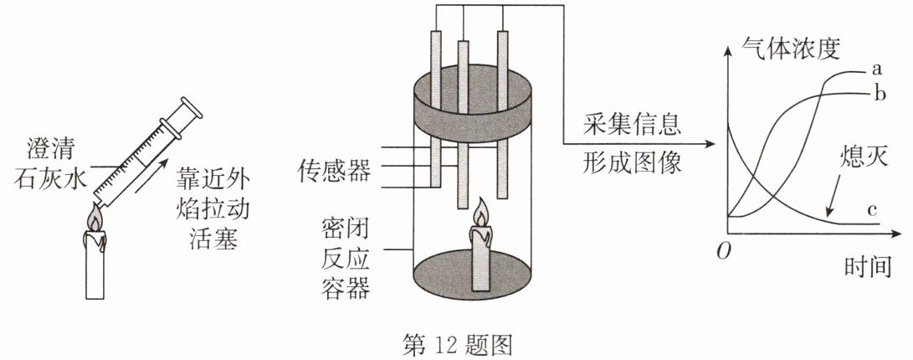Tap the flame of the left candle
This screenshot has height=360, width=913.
(94, 219)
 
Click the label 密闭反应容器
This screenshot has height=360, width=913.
(346, 260)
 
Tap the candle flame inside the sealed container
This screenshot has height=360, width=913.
(480, 213)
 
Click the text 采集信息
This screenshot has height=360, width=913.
(632, 126)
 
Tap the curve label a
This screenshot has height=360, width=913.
(878, 69)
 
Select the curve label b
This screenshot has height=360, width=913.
(880, 92)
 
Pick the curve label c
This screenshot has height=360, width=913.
(872, 209)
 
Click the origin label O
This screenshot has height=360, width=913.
(723, 253)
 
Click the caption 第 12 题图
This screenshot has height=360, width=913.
(457, 345)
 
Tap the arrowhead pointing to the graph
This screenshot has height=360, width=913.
(709, 143)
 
